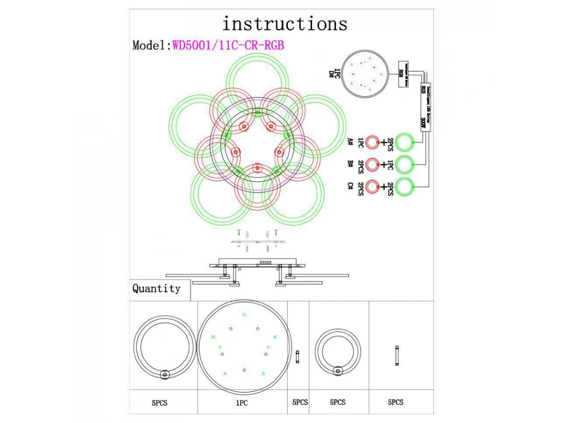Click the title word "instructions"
click(x=285, y=23)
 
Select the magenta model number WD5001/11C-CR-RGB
click(x=228, y=45)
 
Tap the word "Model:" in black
click(x=151, y=45)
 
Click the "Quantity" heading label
click(x=156, y=289)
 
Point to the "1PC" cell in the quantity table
click(x=242, y=403)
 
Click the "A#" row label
click(x=350, y=142)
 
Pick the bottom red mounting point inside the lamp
click(x=257, y=168)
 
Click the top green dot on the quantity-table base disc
click(x=243, y=314)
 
